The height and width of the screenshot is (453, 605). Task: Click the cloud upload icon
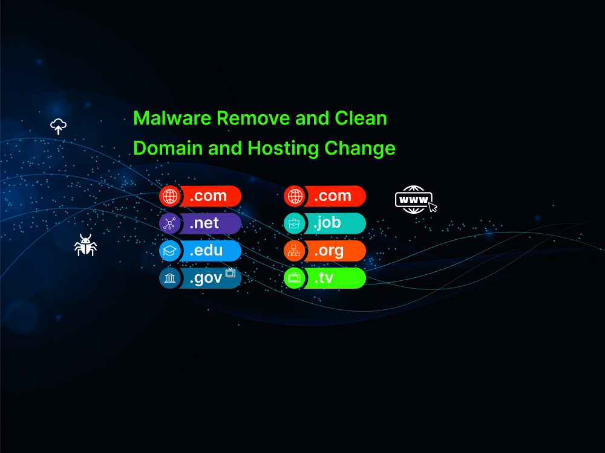[58, 126]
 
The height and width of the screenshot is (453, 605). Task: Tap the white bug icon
[85, 245]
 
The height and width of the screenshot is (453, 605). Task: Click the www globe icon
[413, 199]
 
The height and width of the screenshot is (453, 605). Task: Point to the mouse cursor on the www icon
[433, 207]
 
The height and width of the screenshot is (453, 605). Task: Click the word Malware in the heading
[172, 118]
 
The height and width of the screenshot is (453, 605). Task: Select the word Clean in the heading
[361, 118]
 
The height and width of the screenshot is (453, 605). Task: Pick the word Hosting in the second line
[283, 149]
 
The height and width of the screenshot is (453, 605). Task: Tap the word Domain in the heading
[168, 149]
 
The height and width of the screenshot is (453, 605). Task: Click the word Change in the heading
[359, 149]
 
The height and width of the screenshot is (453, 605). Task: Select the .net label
[204, 223]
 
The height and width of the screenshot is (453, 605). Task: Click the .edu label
[206, 251]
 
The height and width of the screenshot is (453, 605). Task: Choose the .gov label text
[206, 278]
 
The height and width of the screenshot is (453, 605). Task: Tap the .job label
[327, 223]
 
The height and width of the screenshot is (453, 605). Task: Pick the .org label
[329, 251]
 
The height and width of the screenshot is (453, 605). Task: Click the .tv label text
[324, 278]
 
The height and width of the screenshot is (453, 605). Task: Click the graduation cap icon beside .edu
[170, 251]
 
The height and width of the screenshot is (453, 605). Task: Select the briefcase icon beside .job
[294, 223]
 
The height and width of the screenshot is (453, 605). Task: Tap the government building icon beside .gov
[170, 278]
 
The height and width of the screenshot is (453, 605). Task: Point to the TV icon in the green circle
[295, 277]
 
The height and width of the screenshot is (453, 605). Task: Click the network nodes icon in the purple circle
[170, 223]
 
